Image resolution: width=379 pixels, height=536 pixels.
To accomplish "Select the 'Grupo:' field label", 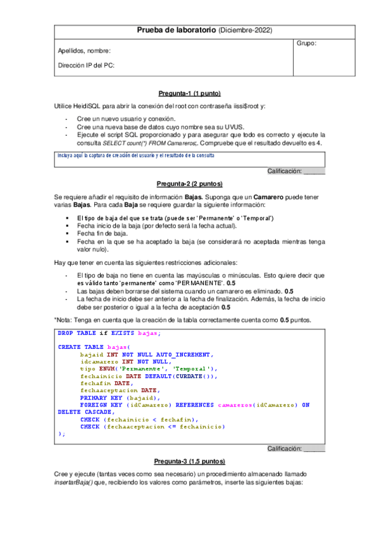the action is click(x=306, y=43).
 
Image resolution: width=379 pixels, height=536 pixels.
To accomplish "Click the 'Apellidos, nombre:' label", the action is click(x=84, y=51).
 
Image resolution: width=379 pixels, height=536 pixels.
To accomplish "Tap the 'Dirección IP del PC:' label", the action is click(x=87, y=65).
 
